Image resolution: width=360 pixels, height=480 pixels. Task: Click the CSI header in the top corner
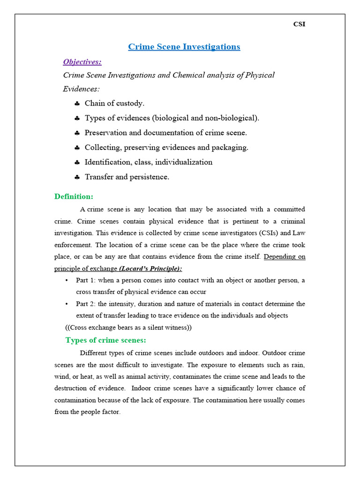pyautogui.click(x=299, y=24)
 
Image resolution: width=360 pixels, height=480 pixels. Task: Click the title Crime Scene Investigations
pyautogui.click(x=184, y=47)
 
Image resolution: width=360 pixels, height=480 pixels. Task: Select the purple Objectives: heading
pyautogui.click(x=82, y=62)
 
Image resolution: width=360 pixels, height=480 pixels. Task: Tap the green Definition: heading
pyautogui.click(x=74, y=196)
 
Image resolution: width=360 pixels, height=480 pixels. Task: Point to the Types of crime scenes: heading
pyautogui.click(x=106, y=340)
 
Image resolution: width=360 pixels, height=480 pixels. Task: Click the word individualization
pyautogui.click(x=184, y=162)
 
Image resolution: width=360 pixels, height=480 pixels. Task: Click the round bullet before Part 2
pyautogui.click(x=67, y=304)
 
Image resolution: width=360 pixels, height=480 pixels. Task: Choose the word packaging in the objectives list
pyautogui.click(x=229, y=148)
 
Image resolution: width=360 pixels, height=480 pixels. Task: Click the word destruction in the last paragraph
pyautogui.click(x=72, y=388)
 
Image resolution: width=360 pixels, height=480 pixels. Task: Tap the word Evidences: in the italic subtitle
pyautogui.click(x=81, y=89)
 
